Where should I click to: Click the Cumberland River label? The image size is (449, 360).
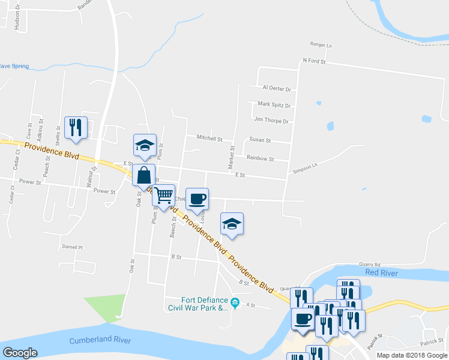(x=100, y=340)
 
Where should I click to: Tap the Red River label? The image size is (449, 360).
(x=380, y=272)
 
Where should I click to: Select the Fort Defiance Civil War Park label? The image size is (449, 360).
(x=205, y=304)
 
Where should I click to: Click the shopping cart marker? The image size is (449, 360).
(x=163, y=196)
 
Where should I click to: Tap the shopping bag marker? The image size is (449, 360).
(x=143, y=176)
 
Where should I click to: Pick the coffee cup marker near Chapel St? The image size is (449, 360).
(x=197, y=199)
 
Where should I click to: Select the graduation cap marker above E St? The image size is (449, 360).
(x=145, y=146)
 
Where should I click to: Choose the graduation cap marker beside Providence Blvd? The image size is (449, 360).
(x=232, y=224)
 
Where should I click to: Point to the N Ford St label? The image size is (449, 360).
(x=314, y=61)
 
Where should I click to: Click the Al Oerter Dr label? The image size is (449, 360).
(x=277, y=88)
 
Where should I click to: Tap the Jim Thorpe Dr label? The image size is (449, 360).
(x=271, y=121)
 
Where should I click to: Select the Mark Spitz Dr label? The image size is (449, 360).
(x=274, y=104)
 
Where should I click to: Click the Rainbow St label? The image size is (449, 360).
(x=260, y=158)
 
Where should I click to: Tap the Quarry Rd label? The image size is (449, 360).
(x=370, y=263)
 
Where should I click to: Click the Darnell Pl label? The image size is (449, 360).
(x=71, y=247)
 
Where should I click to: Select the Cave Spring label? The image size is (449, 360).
(x=13, y=66)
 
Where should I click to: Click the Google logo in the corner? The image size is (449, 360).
(x=20, y=353)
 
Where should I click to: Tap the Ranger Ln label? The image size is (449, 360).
(x=321, y=45)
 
